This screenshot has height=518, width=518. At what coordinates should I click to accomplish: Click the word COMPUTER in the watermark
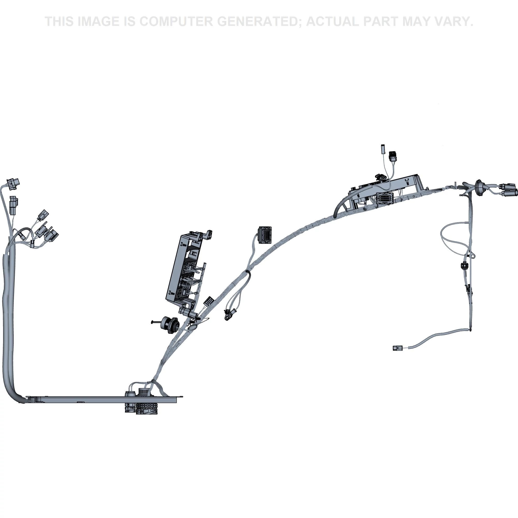coord(176,21)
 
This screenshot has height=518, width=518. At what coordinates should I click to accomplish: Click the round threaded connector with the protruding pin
coord(168,325)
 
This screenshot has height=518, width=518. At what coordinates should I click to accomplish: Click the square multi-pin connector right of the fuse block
coord(265,235)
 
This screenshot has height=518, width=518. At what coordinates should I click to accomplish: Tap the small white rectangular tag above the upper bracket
coord(383,149)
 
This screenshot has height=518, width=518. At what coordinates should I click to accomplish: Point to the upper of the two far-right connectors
coord(507,186)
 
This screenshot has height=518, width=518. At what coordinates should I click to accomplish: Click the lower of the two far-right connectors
coord(509,193)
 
